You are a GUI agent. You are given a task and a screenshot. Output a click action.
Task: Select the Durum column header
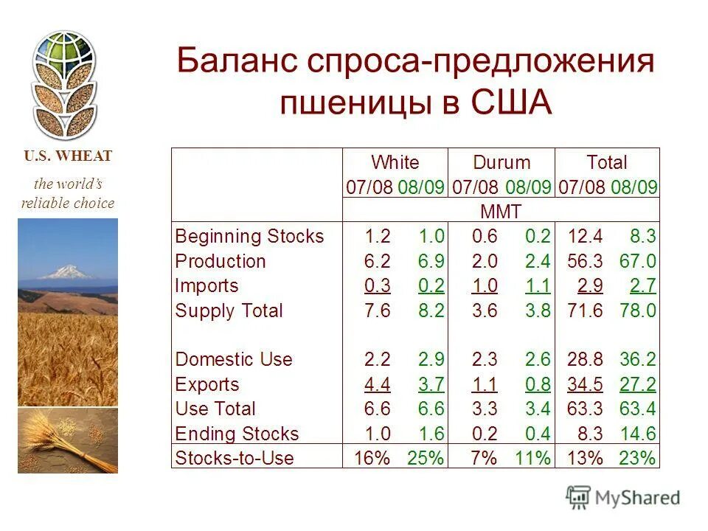[502, 162]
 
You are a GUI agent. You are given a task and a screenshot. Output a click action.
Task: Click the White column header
[395, 162]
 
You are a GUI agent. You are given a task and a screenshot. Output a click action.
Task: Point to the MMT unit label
[501, 212]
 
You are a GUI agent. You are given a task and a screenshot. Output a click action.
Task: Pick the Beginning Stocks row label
[249, 237]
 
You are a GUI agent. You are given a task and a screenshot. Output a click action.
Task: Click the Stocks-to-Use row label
[235, 458]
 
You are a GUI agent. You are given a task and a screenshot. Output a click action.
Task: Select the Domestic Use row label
[234, 360]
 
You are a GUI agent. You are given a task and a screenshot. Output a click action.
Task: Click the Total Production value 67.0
[639, 261]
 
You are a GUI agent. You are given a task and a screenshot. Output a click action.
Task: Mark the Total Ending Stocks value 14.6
[639, 434]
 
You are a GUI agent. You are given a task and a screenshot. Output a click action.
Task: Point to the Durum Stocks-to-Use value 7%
[484, 458]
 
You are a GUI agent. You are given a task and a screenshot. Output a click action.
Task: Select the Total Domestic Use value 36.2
[639, 360]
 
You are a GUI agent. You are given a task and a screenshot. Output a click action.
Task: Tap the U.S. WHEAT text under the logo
[68, 156]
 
